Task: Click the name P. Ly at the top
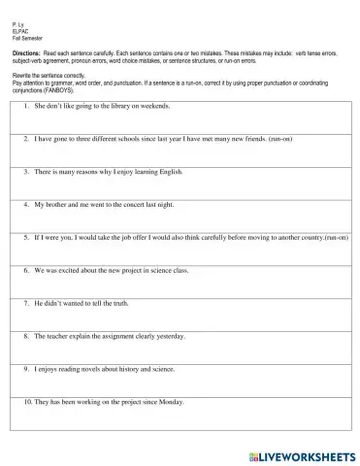pyautogui.click(x=20, y=20)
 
